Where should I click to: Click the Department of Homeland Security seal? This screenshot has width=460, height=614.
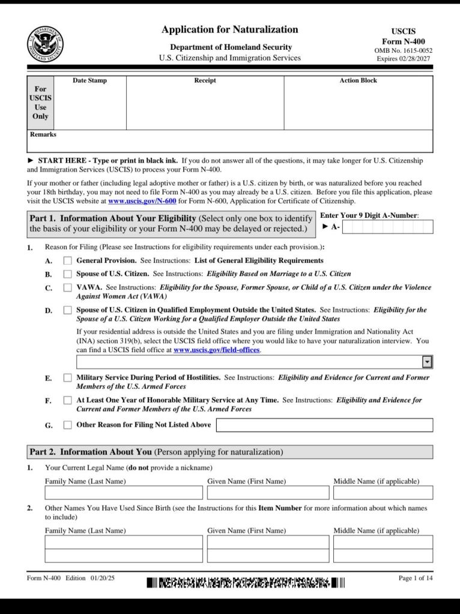tap(45, 44)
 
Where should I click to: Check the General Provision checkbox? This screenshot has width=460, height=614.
tap(68, 260)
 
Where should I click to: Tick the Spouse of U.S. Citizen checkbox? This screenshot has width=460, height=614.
tap(68, 274)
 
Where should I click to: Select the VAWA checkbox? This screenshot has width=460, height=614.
tap(68, 287)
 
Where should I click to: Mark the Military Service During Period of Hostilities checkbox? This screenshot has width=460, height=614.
tap(68, 378)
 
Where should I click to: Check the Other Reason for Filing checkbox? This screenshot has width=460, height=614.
tap(68, 425)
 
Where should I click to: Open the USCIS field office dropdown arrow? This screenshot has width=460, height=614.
tap(427, 362)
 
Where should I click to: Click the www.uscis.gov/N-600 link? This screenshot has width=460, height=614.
tap(142, 202)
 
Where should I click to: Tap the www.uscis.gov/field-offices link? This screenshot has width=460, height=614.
tap(217, 350)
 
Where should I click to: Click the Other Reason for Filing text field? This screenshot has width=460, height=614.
tap(324, 425)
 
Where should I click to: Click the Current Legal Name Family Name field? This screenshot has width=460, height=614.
tap(124, 493)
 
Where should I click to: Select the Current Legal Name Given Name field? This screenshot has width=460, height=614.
tap(268, 493)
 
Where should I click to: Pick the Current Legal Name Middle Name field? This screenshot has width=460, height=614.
tap(383, 493)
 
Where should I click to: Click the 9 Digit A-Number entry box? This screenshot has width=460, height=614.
tap(388, 227)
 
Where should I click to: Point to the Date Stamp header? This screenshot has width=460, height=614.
tap(89, 80)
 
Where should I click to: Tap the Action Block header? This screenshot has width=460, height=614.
tap(358, 80)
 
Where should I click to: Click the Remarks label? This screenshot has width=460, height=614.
tap(43, 134)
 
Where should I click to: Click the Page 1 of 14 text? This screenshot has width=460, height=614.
tap(415, 578)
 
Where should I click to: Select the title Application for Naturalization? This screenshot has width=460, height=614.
tap(229, 29)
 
